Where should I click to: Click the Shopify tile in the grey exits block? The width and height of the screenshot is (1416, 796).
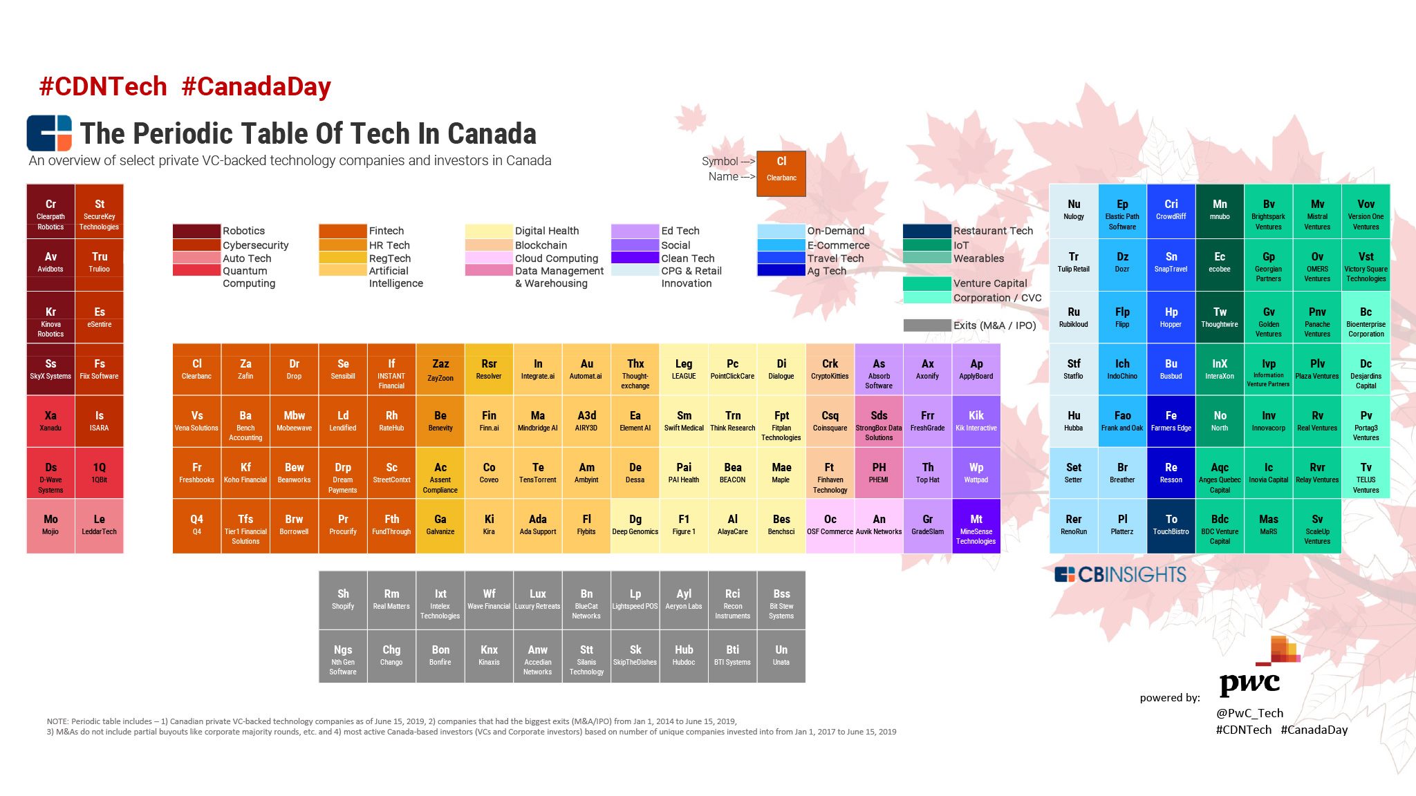click(x=343, y=600)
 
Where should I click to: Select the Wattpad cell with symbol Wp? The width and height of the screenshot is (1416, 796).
click(x=976, y=473)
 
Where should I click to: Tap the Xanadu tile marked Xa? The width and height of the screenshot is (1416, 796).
click(x=50, y=421)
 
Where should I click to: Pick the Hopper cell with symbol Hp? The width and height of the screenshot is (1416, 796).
click(x=1171, y=317)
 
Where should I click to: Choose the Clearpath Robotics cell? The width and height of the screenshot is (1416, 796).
click(x=50, y=214)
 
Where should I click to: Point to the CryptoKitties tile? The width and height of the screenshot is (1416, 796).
click(x=830, y=369)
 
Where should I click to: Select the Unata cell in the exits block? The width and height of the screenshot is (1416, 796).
click(x=781, y=655)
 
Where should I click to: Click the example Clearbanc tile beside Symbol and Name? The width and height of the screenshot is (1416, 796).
click(x=781, y=173)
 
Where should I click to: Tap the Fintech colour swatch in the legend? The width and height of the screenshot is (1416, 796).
click(x=342, y=231)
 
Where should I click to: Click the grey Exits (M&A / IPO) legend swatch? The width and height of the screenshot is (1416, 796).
click(x=926, y=325)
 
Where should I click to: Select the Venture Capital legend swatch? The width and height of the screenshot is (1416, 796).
click(x=926, y=283)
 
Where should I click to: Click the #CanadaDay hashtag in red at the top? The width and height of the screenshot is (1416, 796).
click(x=257, y=87)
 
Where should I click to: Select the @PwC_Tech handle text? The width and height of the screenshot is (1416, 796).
click(x=1249, y=712)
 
